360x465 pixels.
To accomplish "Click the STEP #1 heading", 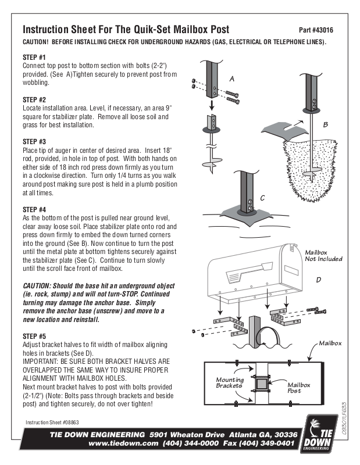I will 34,58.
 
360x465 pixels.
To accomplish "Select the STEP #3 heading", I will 34,141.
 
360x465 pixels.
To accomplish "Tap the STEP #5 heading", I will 34,337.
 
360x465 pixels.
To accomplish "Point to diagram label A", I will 231,78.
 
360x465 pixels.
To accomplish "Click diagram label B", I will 326,124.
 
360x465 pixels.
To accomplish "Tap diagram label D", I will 318,280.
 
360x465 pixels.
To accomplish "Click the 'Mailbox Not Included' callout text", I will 323,256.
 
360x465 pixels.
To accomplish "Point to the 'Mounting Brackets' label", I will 230,382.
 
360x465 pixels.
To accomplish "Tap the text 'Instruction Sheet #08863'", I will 52,423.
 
